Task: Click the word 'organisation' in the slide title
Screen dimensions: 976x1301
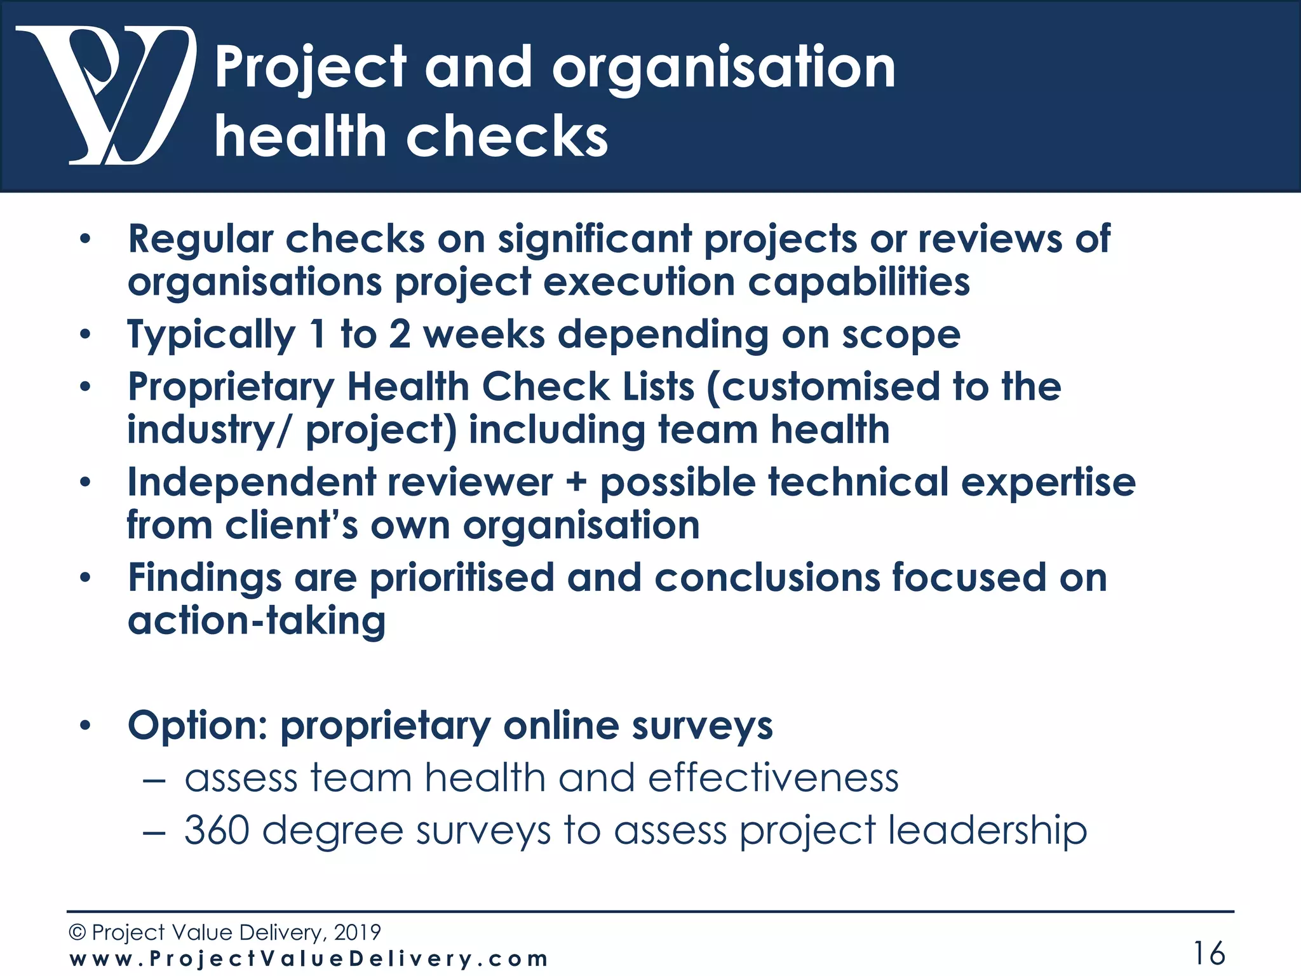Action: click(x=724, y=69)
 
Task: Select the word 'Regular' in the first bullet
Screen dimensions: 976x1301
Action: click(x=200, y=240)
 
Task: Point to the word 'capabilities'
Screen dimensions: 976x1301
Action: click(x=858, y=282)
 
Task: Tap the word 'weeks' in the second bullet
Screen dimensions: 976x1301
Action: click(x=483, y=335)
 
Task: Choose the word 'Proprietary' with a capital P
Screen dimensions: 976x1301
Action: click(x=231, y=388)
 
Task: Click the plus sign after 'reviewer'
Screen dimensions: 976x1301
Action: click(x=576, y=483)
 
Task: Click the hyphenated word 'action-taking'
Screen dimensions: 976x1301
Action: click(x=257, y=621)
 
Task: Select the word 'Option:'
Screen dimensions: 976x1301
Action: click(x=197, y=726)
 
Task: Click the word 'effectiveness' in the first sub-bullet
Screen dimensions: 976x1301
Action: click(x=772, y=778)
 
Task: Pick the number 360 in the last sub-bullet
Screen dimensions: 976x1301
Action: click(x=216, y=830)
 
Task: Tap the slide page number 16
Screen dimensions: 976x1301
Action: click(x=1209, y=953)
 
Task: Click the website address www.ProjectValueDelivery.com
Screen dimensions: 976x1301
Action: click(x=309, y=959)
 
